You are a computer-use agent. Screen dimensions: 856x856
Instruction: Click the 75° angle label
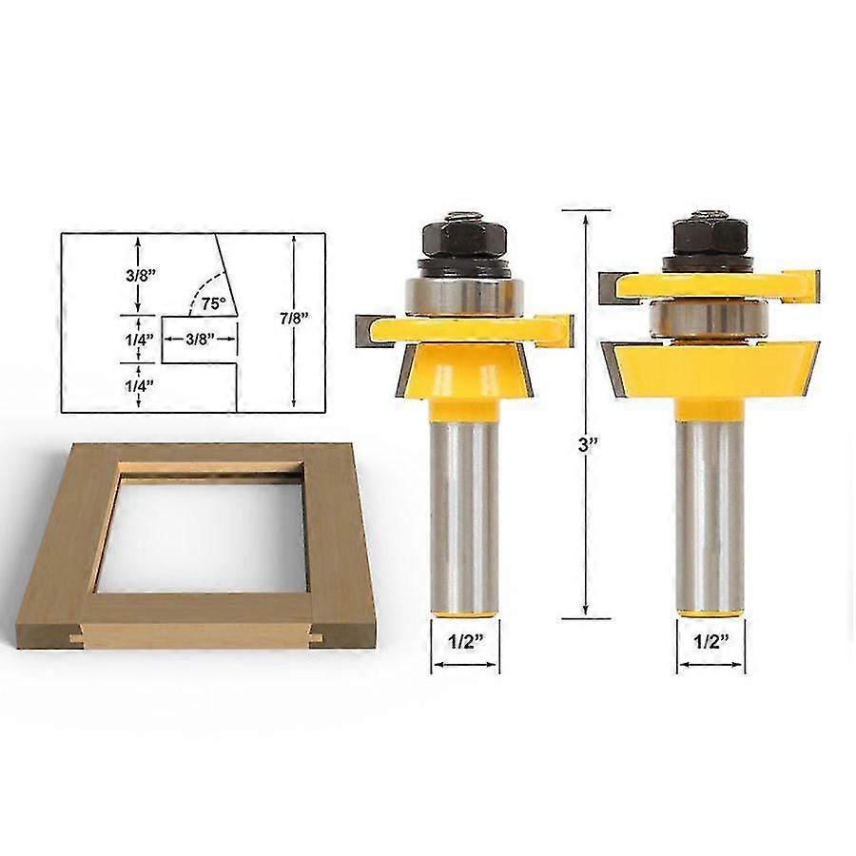214,304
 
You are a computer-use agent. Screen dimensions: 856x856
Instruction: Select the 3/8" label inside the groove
200,340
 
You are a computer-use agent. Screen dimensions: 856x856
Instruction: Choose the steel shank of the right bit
710,514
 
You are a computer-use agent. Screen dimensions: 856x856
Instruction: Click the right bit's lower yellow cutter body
710,371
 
